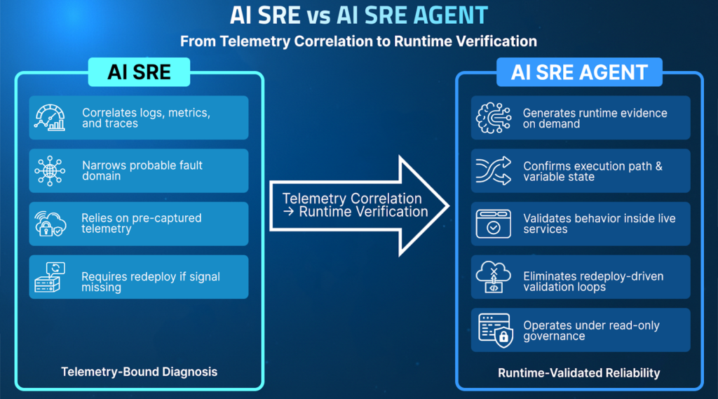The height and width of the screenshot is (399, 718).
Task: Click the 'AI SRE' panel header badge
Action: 139,72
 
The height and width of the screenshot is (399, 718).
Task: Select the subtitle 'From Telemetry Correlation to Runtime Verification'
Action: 358,41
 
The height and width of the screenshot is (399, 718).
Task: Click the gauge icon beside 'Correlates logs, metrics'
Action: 50,118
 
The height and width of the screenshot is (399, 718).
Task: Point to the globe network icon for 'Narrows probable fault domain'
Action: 50,170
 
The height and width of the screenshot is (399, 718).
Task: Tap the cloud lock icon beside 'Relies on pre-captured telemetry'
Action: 50,224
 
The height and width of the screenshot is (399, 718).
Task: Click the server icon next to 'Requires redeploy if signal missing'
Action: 50,277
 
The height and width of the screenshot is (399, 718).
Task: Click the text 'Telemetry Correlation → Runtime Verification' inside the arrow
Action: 354,205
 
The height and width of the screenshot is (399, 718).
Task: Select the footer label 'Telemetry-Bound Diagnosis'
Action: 139,372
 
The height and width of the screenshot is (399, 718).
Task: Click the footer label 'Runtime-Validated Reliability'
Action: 578,372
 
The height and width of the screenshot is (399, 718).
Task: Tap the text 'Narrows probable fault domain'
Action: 142,170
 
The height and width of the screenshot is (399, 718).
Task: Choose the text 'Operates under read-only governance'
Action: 591,330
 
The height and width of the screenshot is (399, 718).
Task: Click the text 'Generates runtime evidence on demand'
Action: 595,118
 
